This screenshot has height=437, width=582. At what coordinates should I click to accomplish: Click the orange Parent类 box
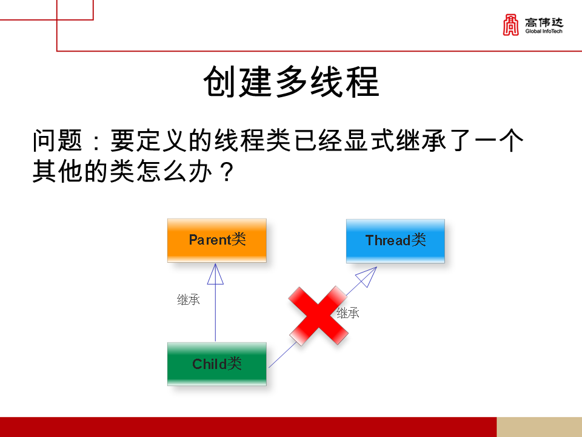216,240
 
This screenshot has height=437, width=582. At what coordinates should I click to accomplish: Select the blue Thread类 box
395,240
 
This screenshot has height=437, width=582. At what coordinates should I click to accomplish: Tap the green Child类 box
216,364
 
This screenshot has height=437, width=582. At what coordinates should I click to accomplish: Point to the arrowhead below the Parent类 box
215,274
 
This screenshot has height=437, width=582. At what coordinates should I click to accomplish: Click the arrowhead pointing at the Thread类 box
367,277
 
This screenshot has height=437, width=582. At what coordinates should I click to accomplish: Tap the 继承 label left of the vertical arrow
189,300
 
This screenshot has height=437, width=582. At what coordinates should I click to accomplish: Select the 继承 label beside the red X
348,314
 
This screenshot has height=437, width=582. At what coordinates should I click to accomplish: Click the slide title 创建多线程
291,82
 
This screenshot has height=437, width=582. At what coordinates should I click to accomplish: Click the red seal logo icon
511,25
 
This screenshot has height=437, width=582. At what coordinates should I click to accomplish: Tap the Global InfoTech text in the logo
544,31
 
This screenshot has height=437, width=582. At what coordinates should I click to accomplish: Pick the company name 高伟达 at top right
544,22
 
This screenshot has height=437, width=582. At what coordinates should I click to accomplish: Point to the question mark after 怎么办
225,172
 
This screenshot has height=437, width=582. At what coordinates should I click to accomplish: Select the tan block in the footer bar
539,427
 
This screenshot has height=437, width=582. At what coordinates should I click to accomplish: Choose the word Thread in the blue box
388,240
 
